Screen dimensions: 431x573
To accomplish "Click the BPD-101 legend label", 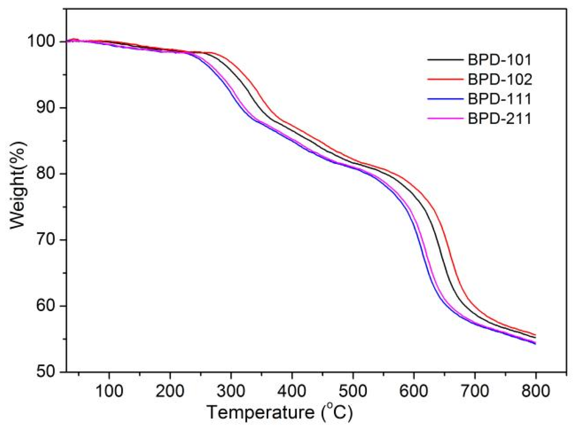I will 499,60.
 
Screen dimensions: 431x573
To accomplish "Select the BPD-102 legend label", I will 500,80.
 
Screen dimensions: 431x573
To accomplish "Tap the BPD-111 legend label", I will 499,99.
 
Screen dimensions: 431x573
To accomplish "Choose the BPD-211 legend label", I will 499,119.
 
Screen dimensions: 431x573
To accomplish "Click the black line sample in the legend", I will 445,60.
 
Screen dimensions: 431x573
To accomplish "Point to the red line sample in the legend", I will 445,79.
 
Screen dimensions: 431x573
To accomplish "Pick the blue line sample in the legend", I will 445,99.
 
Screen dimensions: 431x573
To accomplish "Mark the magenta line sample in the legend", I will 445,119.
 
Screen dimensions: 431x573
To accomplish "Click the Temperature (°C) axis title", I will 280,412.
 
